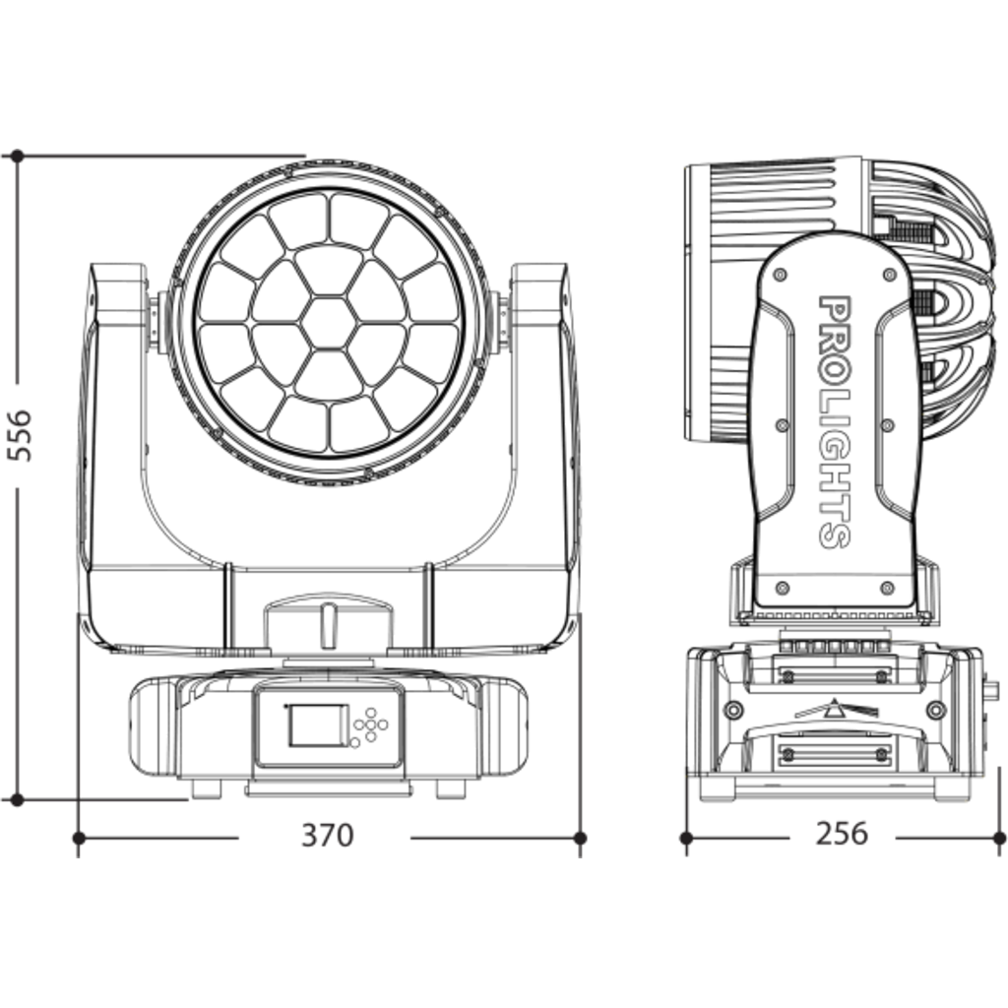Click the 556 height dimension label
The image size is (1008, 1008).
click(x=20, y=434)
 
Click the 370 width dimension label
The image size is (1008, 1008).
click(x=327, y=835)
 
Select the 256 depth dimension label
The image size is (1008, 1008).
click(x=842, y=833)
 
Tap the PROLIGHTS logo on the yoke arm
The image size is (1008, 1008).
click(x=835, y=421)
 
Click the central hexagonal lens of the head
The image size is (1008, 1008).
click(x=329, y=324)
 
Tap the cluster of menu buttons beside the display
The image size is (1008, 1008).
click(x=369, y=727)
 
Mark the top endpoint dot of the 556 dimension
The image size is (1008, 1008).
click(x=17, y=157)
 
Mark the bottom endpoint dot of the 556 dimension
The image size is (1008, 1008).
click(x=17, y=799)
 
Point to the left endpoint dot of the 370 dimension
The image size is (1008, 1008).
click(x=79, y=839)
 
